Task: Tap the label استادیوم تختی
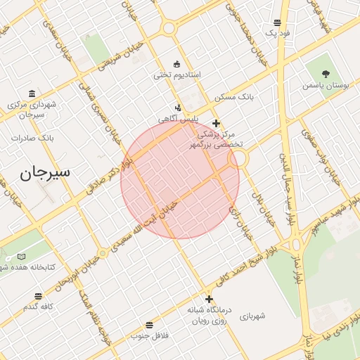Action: click(x=178, y=75)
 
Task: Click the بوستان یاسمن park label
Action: click(x=326, y=85)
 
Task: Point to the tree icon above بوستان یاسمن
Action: click(x=326, y=73)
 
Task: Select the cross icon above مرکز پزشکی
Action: click(x=216, y=123)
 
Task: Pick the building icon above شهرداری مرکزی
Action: click(x=32, y=94)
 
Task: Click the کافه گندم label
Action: click(x=38, y=307)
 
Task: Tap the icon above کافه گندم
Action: click(x=38, y=296)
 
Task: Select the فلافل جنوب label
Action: click(x=149, y=335)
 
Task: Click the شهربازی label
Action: click(x=252, y=316)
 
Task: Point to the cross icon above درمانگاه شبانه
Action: click(x=208, y=298)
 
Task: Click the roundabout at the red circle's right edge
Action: click(x=238, y=159)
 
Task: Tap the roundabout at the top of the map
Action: click(x=168, y=28)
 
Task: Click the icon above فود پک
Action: click(x=278, y=22)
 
